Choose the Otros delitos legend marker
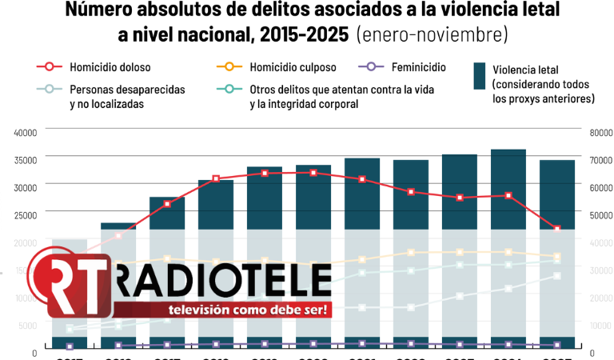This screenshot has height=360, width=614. click(x=230, y=90)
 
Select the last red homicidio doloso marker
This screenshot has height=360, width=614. click(x=557, y=229)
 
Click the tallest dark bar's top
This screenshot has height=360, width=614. click(x=508, y=150)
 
